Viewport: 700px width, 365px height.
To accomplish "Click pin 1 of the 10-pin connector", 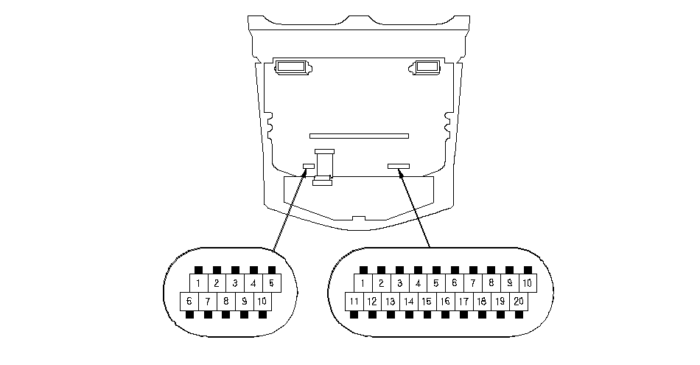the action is click(198, 283).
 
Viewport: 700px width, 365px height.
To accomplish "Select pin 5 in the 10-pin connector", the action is click(271, 283).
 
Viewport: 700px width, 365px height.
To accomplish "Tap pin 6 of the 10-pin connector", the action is click(189, 301).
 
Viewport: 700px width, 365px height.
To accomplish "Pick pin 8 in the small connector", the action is click(226, 301).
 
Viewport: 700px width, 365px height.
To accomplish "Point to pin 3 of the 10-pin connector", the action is click(235, 283).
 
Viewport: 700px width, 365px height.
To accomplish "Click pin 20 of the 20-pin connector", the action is click(518, 301).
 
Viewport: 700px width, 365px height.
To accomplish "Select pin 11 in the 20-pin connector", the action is click(354, 301).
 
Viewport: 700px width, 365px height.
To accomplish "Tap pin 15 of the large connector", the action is click(427, 301).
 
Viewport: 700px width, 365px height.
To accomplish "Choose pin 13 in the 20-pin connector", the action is click(391, 301).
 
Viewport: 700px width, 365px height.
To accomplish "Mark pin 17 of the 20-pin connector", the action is click(463, 301).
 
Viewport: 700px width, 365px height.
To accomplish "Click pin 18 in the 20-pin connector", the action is click(482, 301).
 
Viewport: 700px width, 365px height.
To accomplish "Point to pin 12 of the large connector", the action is click(372, 301).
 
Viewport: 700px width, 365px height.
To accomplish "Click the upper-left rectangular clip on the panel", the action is click(292, 67).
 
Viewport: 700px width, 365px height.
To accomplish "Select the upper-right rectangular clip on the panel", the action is click(426, 67).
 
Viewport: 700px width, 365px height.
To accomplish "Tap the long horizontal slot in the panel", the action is click(359, 136).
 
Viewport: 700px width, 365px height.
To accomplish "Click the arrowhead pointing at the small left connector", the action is click(305, 172).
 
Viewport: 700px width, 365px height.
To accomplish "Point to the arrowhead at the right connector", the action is click(400, 173).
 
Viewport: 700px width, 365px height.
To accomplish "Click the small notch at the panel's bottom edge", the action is click(359, 218).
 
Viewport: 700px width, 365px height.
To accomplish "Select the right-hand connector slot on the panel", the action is click(398, 166).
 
